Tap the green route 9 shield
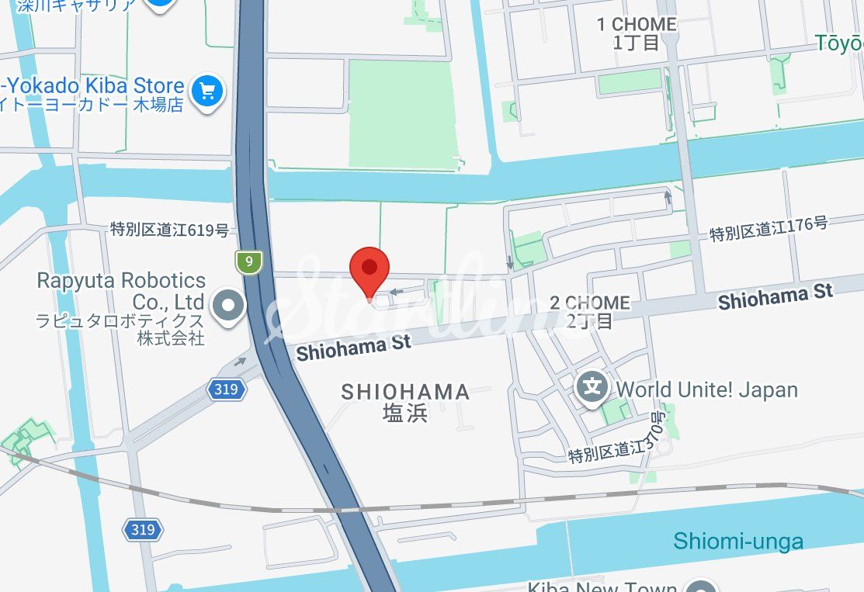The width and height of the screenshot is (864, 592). pos(249,261)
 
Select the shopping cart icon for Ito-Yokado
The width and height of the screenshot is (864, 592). pos(207,92)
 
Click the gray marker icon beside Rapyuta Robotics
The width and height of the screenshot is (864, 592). pos(228,304)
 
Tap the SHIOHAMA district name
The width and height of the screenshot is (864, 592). pos(405,392)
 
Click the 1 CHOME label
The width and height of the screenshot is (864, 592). pos(637,25)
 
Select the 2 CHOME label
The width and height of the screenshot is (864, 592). pos(590,303)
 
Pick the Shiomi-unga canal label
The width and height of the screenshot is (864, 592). pos(738,541)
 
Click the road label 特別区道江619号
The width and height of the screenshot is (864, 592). pos(169,230)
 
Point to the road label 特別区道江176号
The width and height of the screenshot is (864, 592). pos(769,229)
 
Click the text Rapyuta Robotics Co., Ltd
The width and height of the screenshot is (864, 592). pos(122,290)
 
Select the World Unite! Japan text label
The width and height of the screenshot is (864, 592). pos(706,389)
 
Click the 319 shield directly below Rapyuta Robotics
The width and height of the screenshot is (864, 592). pos(226,389)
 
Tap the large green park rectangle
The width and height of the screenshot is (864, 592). pos(401,112)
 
